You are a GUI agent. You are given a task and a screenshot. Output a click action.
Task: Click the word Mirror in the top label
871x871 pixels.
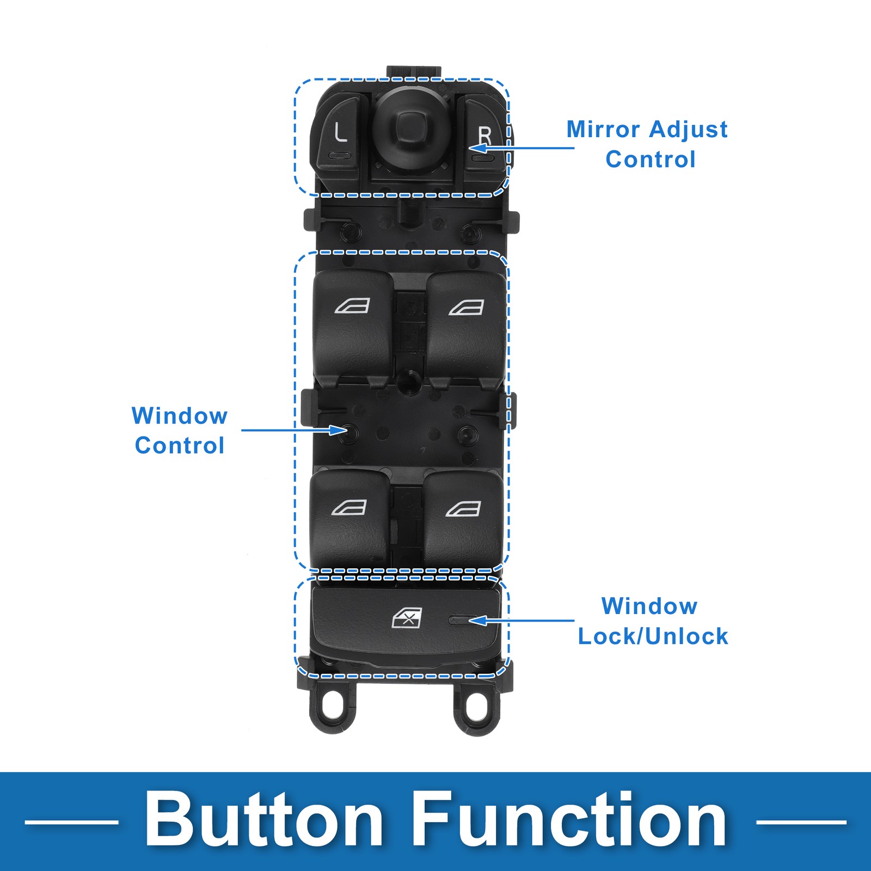pos(603,130)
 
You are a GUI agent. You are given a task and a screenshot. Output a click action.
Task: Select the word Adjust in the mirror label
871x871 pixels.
pos(688,130)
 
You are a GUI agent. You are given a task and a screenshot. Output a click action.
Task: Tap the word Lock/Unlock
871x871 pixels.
pos(653,636)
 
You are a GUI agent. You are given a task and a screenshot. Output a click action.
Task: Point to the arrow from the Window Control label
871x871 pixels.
pos(294,430)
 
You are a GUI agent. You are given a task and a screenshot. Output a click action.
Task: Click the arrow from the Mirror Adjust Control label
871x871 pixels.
pos(523,148)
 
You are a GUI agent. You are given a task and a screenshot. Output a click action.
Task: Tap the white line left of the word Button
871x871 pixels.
pos(71,822)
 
